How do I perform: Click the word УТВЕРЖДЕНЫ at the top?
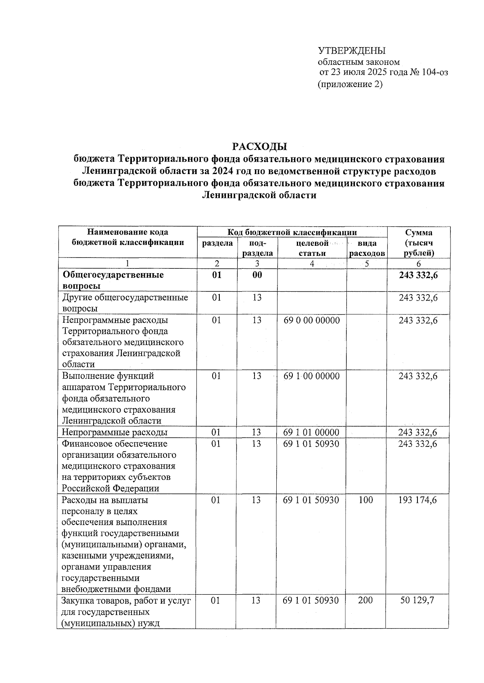(x=352, y=51)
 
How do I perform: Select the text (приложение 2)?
(x=350, y=84)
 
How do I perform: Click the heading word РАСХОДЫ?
(x=259, y=146)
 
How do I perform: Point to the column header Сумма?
(x=418, y=233)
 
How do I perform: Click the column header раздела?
(x=217, y=243)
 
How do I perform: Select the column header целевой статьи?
(x=312, y=248)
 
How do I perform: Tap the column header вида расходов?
(x=367, y=248)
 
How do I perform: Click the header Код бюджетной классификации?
(x=292, y=233)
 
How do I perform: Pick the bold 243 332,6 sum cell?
(x=418, y=275)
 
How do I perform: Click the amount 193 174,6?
(x=417, y=500)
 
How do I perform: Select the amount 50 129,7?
(x=417, y=600)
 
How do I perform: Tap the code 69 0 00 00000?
(x=311, y=320)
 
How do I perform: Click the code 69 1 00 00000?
(x=311, y=376)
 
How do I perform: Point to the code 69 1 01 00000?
(x=311, y=432)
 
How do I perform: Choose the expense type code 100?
(x=365, y=500)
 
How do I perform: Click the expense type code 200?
(x=365, y=600)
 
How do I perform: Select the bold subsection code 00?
(x=257, y=275)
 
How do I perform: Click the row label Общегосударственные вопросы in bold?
(x=113, y=280)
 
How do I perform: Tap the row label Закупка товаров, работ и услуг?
(x=126, y=601)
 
